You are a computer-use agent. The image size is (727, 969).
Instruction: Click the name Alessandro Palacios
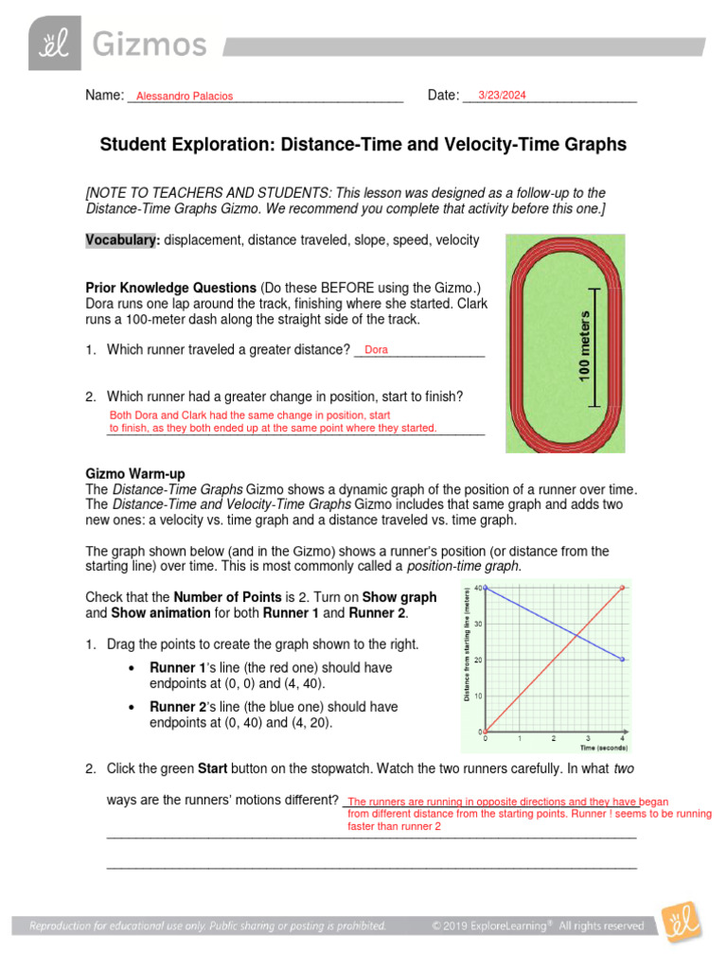coord(184,96)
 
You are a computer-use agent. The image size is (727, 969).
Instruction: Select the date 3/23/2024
coord(502,95)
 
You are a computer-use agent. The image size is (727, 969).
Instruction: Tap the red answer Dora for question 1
coord(376,349)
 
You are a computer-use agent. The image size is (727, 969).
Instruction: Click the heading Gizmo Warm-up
coord(135,472)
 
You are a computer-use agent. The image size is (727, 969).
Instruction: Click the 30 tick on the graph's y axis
coord(478,624)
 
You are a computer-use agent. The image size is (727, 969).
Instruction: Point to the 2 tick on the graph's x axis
coord(553,738)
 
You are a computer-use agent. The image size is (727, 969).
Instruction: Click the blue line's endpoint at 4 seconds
coord(622,660)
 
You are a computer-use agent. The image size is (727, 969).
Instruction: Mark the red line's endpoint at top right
coord(622,588)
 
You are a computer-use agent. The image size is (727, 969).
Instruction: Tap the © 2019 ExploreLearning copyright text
coord(538,925)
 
